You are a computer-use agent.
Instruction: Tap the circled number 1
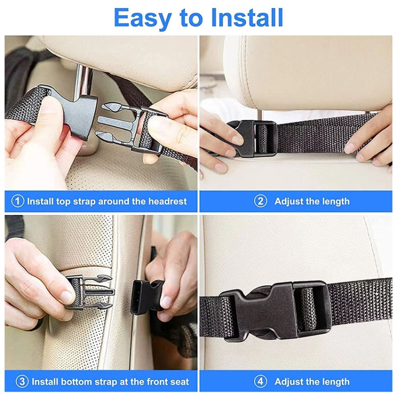point(19,201)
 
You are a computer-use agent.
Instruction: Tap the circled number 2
point(260,201)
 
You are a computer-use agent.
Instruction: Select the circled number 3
point(22,381)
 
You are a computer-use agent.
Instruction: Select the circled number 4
point(260,381)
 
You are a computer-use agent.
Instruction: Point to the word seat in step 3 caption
point(179,381)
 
